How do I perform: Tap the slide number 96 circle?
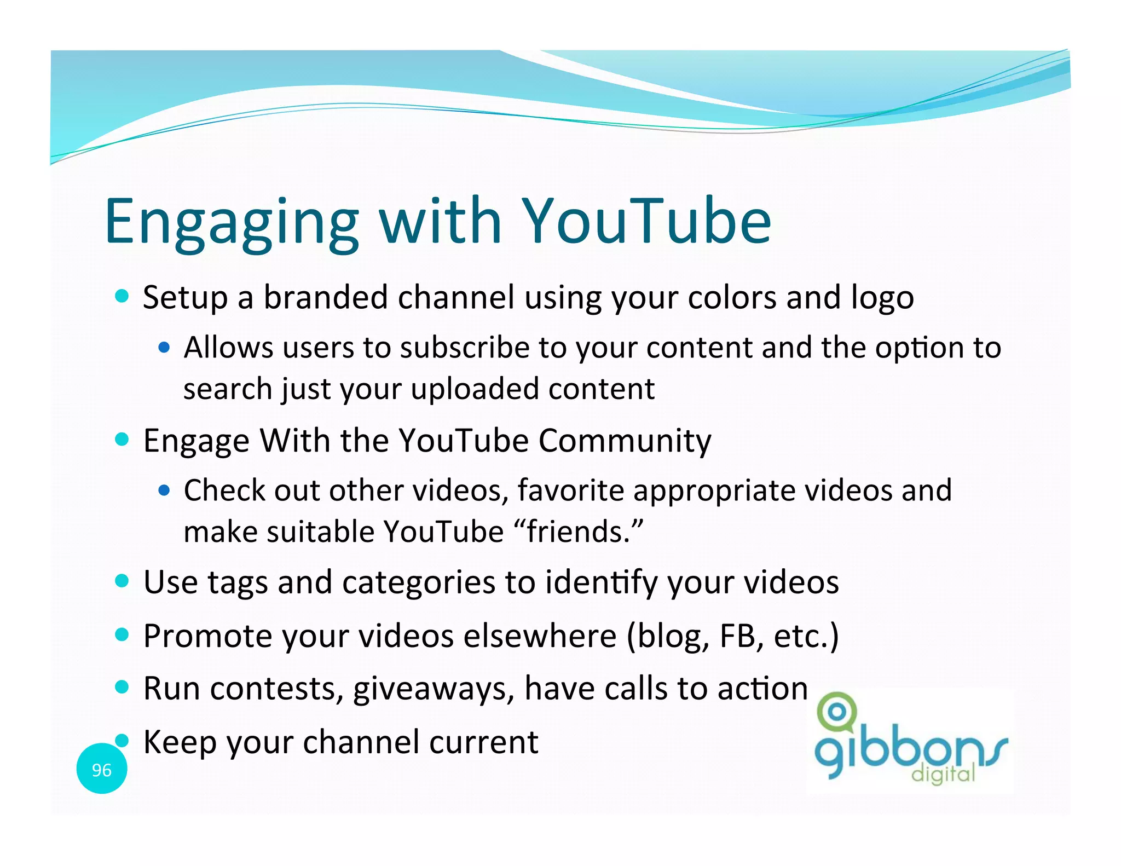102,769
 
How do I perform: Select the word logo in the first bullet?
882,298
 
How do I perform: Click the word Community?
625,440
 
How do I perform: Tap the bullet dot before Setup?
122,296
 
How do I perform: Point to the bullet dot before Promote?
122,635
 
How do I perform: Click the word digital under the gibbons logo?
943,774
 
